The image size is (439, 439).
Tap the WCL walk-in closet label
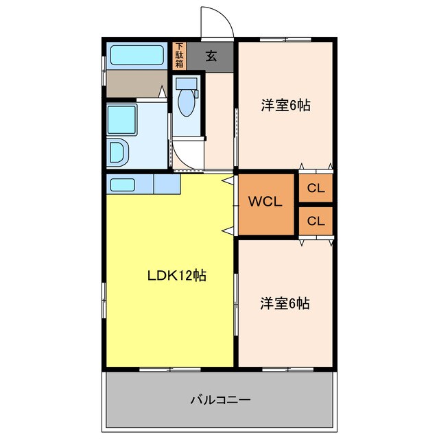(x=265, y=202)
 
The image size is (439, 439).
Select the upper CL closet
(x=316, y=188)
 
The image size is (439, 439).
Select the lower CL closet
(x=316, y=221)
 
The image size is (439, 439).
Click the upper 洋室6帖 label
(x=285, y=106)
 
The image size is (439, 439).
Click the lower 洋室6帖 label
(x=285, y=302)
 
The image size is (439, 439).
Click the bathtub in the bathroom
(x=137, y=54)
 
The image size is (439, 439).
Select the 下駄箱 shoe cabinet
(x=179, y=56)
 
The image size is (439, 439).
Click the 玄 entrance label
(x=211, y=56)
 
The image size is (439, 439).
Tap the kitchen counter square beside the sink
(x=167, y=185)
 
